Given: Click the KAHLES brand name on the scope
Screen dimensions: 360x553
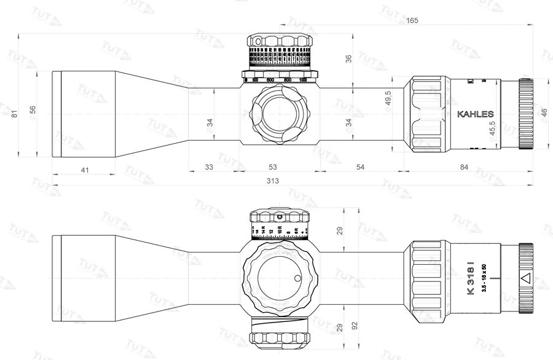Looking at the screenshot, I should click(x=476, y=114).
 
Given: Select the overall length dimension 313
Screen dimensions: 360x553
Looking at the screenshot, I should click(x=273, y=181).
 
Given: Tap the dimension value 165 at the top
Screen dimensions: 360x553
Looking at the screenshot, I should click(x=412, y=21).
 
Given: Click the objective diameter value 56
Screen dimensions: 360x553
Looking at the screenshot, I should click(x=33, y=110).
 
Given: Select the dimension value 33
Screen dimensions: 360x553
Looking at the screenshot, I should click(x=209, y=167).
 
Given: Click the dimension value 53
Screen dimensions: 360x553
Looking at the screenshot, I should click(x=273, y=167).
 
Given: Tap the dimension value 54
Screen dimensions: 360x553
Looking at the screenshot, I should click(x=361, y=167).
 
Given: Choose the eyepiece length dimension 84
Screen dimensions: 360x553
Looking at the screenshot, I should click(x=464, y=167).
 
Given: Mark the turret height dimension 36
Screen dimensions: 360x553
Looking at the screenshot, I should click(x=349, y=58).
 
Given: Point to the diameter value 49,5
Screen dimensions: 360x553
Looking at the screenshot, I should click(x=388, y=98).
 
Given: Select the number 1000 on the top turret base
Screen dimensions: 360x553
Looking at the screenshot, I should click(x=303, y=80).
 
